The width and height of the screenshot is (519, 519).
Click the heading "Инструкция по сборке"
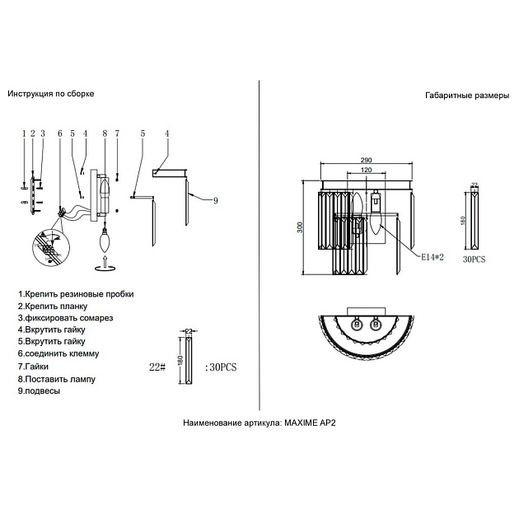pyautogui.click(x=51, y=94)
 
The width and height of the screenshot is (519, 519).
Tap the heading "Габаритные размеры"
pyautogui.click(x=467, y=96)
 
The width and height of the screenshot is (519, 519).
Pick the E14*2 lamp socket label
pyautogui.click(x=432, y=257)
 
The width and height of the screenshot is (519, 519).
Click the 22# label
pyautogui.click(x=158, y=367)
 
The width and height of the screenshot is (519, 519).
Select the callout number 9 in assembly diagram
pyautogui.click(x=216, y=200)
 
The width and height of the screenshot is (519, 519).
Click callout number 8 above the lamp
pyautogui.click(x=105, y=133)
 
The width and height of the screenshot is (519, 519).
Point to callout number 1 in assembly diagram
pyautogui.click(x=24, y=133)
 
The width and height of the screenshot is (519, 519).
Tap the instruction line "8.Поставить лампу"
pyautogui.click(x=57, y=379)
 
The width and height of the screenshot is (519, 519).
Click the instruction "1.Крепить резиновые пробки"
pyautogui.click(x=75, y=294)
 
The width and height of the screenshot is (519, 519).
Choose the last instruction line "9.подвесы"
pyautogui.click(x=39, y=391)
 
